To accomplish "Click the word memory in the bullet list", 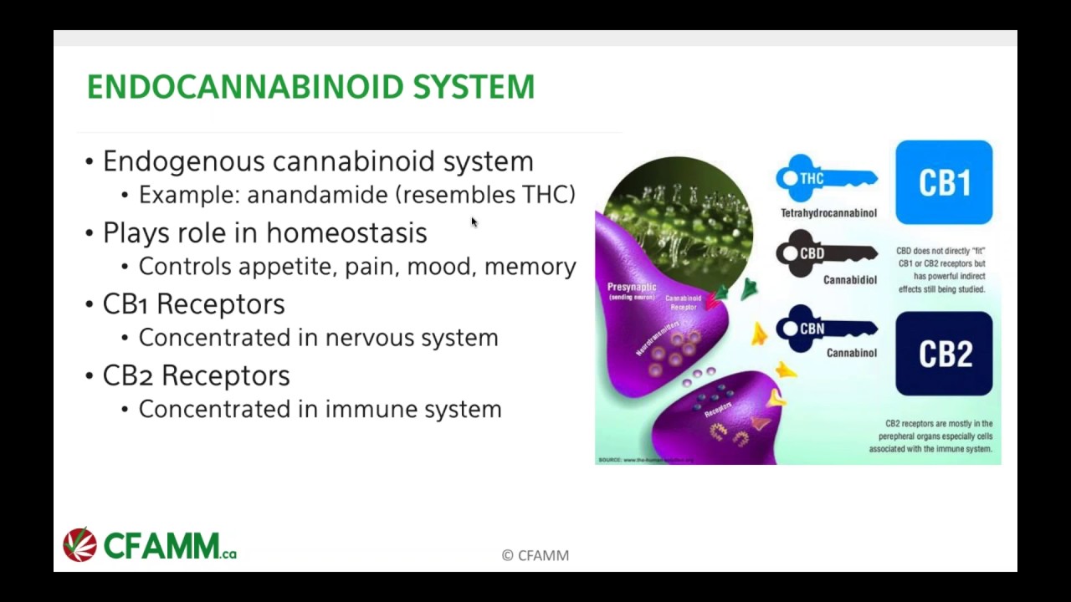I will tap(530, 267).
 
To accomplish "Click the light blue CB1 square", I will tap(944, 182).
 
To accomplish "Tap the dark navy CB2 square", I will tap(944, 354).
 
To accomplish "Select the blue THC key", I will tap(826, 178).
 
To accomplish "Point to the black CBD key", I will tap(826, 253).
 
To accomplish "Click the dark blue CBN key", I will tap(826, 329).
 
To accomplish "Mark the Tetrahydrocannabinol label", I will tap(828, 213).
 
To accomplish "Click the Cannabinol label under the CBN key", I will tap(851, 353).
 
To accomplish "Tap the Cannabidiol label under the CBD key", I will tap(849, 280).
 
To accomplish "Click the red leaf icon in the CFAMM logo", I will tap(80, 545).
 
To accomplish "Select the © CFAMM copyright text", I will tap(535, 555).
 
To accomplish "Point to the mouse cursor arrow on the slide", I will tap(474, 222).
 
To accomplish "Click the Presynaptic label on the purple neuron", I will tap(632, 288).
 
